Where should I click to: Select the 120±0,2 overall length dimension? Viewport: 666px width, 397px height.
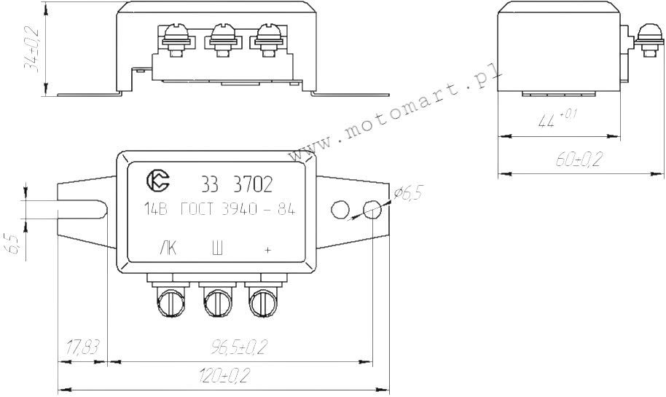[x=223, y=377]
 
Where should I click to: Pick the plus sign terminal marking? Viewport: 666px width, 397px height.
[x=267, y=250]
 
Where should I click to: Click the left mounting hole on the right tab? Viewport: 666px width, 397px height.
[x=340, y=210]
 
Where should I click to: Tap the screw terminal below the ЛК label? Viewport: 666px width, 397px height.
[x=170, y=300]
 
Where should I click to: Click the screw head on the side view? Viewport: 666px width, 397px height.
[x=645, y=34]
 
